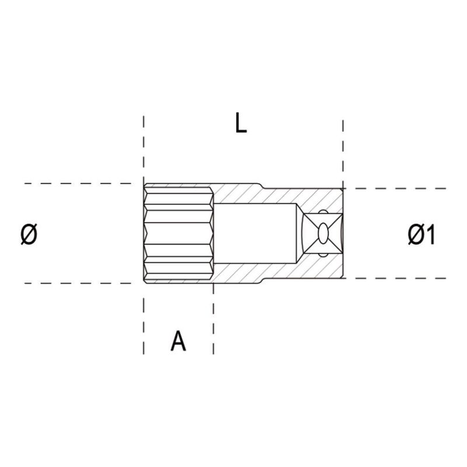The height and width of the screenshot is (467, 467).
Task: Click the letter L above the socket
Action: pyautogui.click(x=241, y=124)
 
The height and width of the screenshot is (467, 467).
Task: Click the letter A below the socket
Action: pyautogui.click(x=178, y=341)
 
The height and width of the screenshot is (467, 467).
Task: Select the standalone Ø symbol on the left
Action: pyautogui.click(x=29, y=235)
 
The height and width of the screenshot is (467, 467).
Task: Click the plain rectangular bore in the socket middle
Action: pyautogui.click(x=257, y=233)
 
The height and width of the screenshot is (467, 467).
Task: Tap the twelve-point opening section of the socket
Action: pyautogui.click(x=178, y=233)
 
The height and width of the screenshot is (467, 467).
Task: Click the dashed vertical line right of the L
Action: pyautogui.click(x=343, y=146)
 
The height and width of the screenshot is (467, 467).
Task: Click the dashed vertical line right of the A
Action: pyautogui.click(x=214, y=327)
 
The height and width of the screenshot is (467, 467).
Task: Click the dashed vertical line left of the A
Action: pyautogui.click(x=144, y=327)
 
